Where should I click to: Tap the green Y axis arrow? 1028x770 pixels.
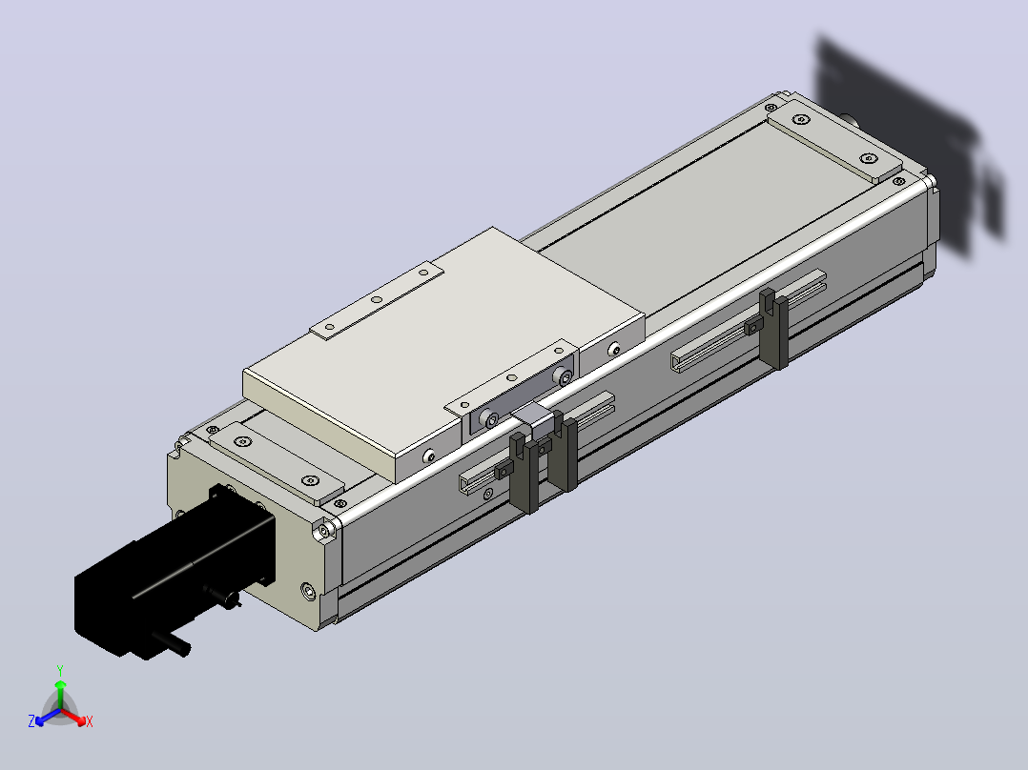click(60, 694)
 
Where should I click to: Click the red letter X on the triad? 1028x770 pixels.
click(90, 721)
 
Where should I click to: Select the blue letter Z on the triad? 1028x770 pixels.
click(31, 721)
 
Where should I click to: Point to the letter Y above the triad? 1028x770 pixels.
click(60, 671)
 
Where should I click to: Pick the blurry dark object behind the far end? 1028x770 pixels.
click(912, 144)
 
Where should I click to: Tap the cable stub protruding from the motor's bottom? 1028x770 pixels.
click(172, 643)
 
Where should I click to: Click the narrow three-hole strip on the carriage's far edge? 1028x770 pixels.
click(377, 300)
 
